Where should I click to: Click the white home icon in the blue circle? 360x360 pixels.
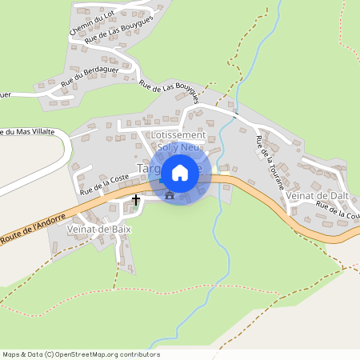click(x=180, y=172)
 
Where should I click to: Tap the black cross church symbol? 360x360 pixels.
click(x=136, y=199)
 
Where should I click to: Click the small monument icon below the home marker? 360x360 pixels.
click(x=168, y=194)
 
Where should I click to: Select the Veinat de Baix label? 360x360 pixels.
click(x=99, y=230)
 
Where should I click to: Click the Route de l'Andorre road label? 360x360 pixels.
click(x=32, y=227)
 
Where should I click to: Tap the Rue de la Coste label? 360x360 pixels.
click(x=104, y=186)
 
